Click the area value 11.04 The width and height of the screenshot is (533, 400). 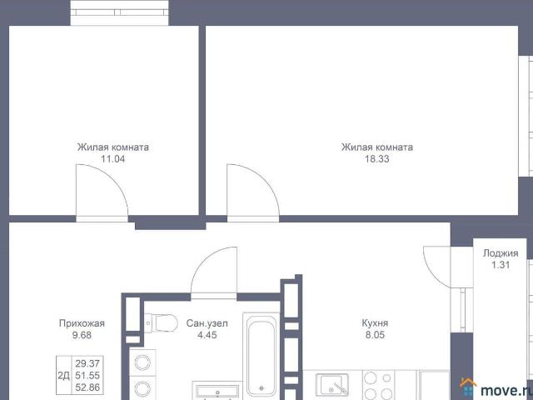113,159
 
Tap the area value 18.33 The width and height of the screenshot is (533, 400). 377,159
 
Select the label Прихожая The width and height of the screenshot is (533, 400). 82,323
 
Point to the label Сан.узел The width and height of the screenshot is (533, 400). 207,323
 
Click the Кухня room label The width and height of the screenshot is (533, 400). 375,323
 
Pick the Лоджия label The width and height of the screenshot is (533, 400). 501,253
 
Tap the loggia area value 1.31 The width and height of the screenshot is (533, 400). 501,265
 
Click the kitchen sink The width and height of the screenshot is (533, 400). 332,384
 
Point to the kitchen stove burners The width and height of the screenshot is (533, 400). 378,385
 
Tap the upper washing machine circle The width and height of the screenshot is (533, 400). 142,362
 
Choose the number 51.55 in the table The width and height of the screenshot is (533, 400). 87,376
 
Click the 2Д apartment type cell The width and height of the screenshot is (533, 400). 63,376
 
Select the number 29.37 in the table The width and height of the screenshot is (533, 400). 87,363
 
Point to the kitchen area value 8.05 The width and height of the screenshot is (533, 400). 375,335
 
